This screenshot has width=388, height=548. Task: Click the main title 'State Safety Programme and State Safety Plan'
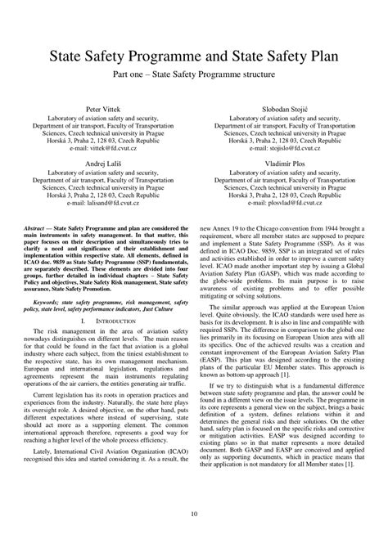coord(194,57)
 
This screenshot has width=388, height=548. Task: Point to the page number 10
coord(194,514)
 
